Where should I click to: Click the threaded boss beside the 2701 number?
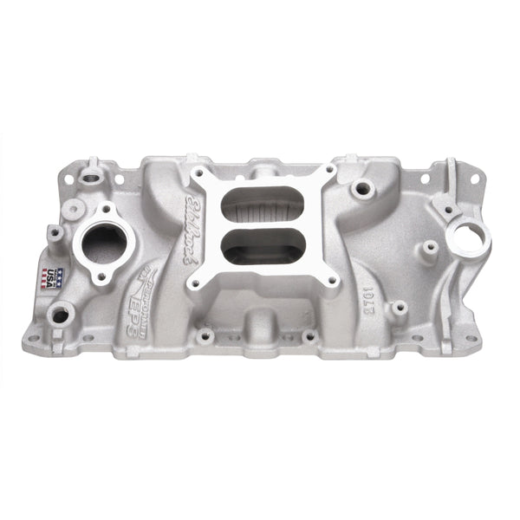(x=398, y=308)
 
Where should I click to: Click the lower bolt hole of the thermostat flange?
(x=101, y=276)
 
